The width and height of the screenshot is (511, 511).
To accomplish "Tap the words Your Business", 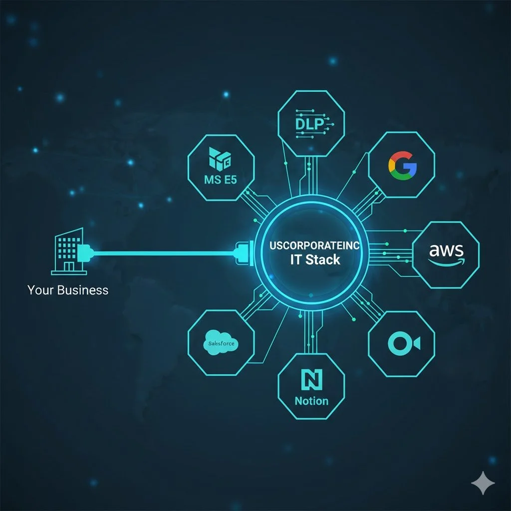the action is [68, 290].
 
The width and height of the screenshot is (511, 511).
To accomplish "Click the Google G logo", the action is [402, 167].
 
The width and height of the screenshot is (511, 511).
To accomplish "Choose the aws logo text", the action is [446, 250].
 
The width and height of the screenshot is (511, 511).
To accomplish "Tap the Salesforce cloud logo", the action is [221, 344].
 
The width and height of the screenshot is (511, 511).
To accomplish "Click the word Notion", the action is [311, 401].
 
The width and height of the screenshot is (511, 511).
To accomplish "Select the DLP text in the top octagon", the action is [310, 124].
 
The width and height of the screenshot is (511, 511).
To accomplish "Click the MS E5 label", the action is [221, 180].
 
